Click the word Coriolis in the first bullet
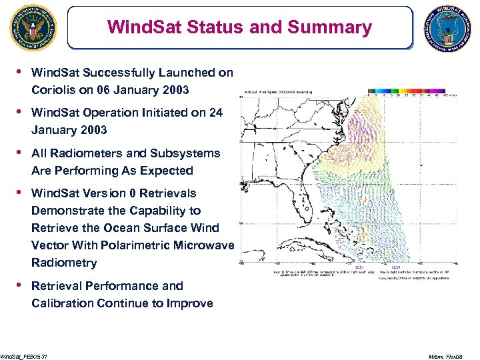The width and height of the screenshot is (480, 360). (53, 90)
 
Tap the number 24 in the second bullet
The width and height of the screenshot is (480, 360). (215, 113)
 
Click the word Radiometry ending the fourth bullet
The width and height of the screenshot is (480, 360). (64, 263)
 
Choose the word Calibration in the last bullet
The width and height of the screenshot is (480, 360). (63, 303)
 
